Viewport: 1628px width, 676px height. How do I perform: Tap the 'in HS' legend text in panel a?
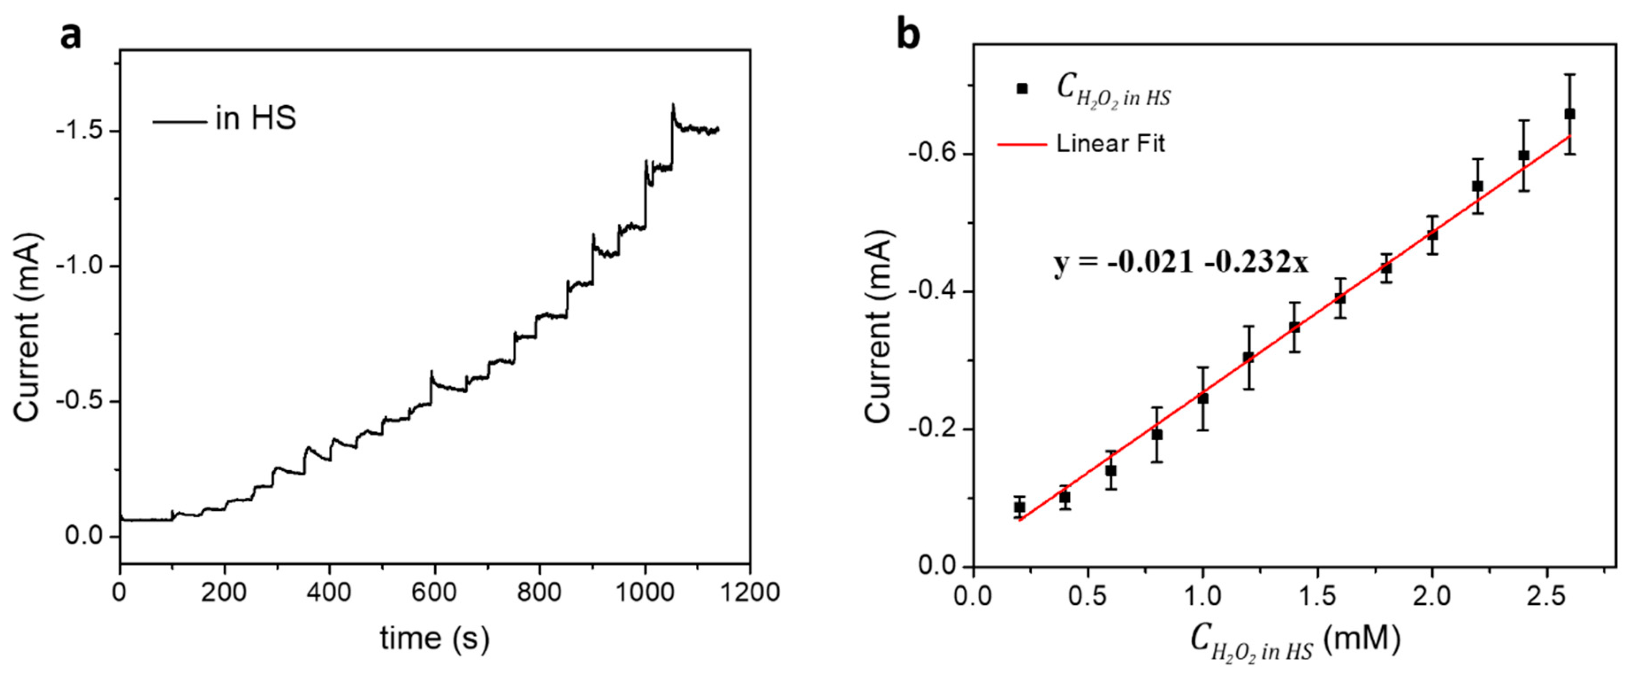[x=256, y=118]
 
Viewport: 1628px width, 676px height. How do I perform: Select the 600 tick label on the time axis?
[x=434, y=592]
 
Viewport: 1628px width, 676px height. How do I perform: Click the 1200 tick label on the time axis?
[x=750, y=592]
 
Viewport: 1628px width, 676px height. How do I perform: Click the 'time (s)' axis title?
[x=435, y=638]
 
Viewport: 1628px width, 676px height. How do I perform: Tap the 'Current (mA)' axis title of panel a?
[x=28, y=327]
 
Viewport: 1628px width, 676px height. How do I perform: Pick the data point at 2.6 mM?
[x=1569, y=114]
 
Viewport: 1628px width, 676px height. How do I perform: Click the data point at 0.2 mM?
[x=1019, y=507]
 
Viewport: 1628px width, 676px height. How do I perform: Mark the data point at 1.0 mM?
[x=1203, y=399]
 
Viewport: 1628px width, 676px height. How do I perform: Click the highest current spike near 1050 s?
[x=673, y=105]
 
